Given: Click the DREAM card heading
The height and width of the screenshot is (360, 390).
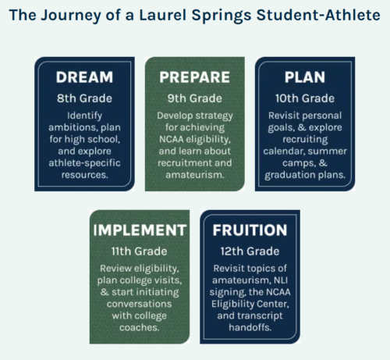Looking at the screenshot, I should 84,77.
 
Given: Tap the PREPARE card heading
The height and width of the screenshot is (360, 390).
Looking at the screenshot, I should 195,77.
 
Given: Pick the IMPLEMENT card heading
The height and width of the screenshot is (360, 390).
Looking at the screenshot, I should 140,230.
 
